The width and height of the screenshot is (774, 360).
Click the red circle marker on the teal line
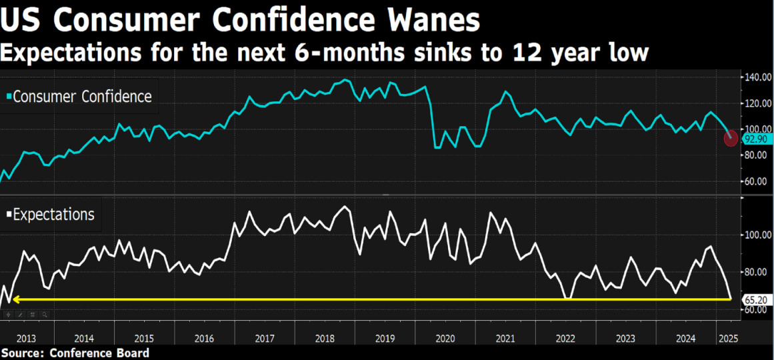[731, 139]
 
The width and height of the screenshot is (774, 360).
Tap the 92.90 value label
[756, 139]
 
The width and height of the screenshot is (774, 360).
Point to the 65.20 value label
[756, 300]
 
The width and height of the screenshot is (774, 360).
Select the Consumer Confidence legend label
[82, 97]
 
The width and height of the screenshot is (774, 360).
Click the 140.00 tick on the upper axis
[757, 77]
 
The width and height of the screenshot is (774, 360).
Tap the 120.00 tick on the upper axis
[757, 103]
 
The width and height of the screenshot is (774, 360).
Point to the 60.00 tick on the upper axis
[756, 181]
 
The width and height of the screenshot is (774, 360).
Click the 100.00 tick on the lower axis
[757, 235]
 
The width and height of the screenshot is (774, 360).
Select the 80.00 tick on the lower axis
[756, 272]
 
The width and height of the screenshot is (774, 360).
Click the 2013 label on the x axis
[27, 339]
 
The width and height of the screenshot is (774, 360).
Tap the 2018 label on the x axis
[325, 339]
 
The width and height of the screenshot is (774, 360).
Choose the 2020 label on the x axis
[445, 339]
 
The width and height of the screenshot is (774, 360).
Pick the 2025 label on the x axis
[727, 339]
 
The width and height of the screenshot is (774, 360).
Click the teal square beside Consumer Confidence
[8, 97]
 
